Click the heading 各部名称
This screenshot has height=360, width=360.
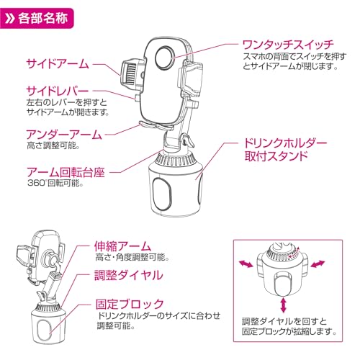(45, 17)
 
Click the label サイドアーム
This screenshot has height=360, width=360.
(57, 63)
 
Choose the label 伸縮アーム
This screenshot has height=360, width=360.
(126, 245)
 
